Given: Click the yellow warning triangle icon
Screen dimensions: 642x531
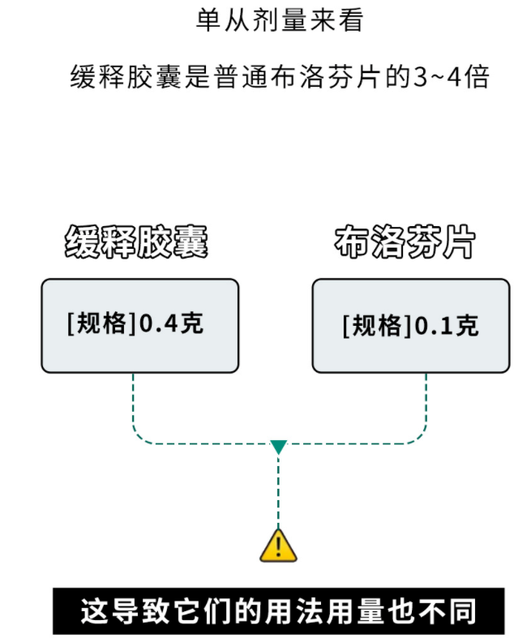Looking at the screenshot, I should coord(278,546).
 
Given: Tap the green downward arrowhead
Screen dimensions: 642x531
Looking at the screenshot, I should coord(278,447).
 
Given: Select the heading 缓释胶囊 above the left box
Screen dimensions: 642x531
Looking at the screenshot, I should coord(137,242).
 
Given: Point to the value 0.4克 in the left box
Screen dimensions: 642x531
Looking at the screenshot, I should coord(172,324).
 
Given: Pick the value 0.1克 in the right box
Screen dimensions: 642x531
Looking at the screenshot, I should coord(447,326).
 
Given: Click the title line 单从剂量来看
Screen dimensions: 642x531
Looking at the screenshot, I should coord(279,20).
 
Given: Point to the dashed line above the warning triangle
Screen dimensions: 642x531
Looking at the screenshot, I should coord(278,490).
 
